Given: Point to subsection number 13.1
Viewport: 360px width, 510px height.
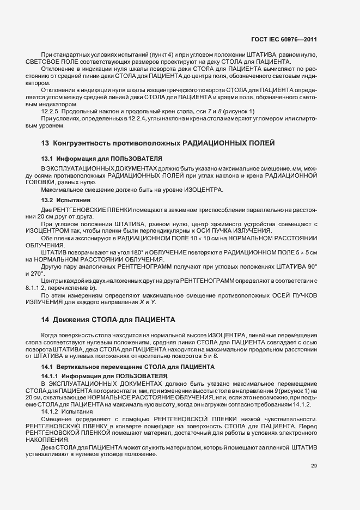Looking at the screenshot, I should click(47, 158).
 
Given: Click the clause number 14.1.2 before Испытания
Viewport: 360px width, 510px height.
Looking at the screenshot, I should click(51, 412).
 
